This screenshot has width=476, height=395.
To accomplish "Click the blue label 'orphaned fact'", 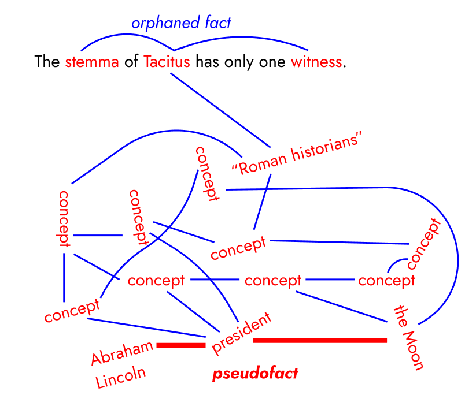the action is pyautogui.click(x=180, y=23).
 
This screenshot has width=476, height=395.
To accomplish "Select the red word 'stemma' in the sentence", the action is pyautogui.click(x=92, y=62).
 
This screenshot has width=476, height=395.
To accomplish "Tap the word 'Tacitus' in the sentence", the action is pyautogui.click(x=167, y=62).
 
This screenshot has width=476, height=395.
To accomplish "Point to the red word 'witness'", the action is pyautogui.click(x=316, y=62).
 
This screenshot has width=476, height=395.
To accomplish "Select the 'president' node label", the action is pyautogui.click(x=241, y=333).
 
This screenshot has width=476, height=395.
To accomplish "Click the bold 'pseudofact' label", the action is pyautogui.click(x=255, y=374).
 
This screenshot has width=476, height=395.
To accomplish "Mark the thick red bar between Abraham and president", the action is pyautogui.click(x=181, y=345).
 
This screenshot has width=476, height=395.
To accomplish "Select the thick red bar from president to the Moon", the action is pyautogui.click(x=320, y=340).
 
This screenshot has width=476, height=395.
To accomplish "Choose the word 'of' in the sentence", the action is pyautogui.click(x=131, y=62).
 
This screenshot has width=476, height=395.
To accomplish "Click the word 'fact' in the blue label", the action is pyautogui.click(x=218, y=23).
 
